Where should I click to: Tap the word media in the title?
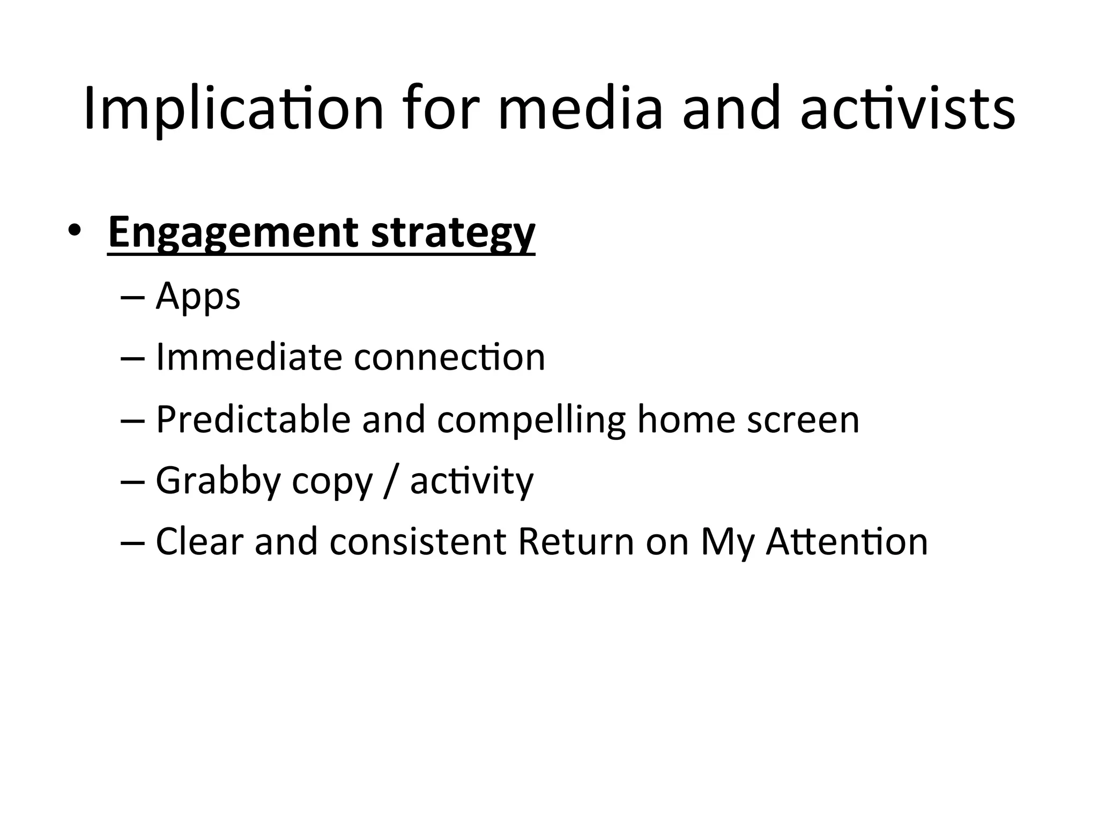click(x=581, y=109)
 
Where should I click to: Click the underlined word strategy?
click(x=453, y=233)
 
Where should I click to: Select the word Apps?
click(x=198, y=297)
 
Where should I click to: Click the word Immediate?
click(x=248, y=357)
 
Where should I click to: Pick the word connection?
click(x=449, y=357)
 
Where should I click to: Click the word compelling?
click(x=531, y=420)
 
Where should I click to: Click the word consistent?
click(x=418, y=542)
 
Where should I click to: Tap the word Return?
click(x=576, y=542)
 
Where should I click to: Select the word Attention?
click(x=847, y=542)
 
